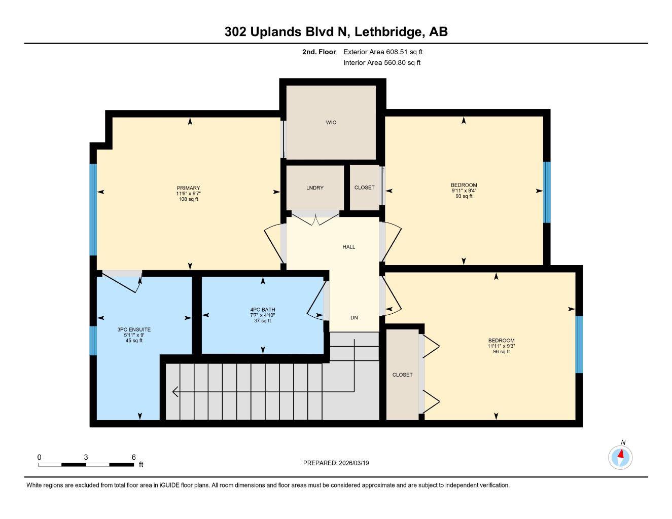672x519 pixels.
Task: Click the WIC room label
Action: tap(331, 122)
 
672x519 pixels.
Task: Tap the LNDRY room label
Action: tap(314, 188)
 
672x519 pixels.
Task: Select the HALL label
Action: tap(348, 247)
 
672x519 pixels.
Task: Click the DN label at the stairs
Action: tap(354, 318)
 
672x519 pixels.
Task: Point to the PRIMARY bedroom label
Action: tap(188, 188)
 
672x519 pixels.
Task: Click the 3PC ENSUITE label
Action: tap(134, 329)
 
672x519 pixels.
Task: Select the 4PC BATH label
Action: tap(262, 310)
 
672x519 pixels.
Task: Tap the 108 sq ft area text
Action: tap(188, 199)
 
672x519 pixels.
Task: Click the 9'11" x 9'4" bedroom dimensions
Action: tap(464, 191)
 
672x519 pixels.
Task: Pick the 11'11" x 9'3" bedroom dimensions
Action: tap(501, 346)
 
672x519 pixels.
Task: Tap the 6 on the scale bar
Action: tap(134, 457)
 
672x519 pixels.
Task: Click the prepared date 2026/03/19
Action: tap(358, 463)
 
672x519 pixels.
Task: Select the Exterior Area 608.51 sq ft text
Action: tap(383, 52)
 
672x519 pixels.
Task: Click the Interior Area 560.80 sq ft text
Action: tap(382, 63)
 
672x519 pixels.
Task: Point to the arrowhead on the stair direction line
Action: tap(175, 392)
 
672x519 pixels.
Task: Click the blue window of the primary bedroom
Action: tap(93, 209)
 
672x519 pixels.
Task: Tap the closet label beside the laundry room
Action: tap(364, 188)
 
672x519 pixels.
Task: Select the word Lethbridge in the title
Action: tap(387, 32)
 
